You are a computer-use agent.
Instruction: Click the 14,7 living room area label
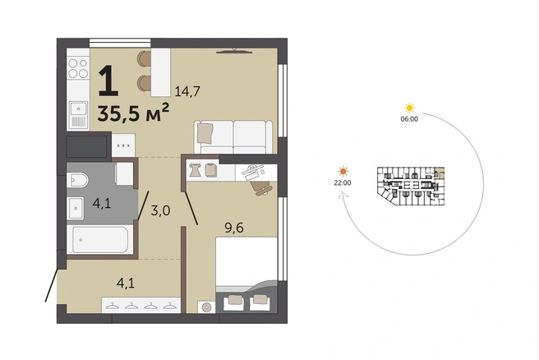coord(187,91)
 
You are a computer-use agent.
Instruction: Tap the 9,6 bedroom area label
coord(234,228)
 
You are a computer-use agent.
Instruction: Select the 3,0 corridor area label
coord(160,210)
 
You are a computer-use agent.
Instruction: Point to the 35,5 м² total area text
coord(133,113)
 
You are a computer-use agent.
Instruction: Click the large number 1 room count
coord(108,81)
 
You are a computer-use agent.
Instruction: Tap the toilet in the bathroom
coord(77,180)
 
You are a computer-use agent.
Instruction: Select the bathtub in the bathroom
coord(99,240)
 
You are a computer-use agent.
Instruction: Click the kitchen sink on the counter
coord(78,115)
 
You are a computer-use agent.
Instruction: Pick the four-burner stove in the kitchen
coord(78,68)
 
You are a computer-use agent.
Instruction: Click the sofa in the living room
coord(233,136)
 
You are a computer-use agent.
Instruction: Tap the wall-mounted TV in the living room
coord(234,52)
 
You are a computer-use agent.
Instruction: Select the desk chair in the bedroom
coord(261,187)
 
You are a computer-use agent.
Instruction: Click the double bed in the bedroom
coord(246,275)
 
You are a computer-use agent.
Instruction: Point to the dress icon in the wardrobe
coord(195,170)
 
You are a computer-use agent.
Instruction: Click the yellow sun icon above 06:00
coord(409,108)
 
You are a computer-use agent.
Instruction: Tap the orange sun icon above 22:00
coord(343,171)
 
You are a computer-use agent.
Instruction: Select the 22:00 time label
coord(343,183)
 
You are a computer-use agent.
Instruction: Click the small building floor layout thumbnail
coord(411,186)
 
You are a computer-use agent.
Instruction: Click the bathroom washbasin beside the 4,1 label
coord(76,208)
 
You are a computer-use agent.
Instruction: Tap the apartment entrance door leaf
coord(52,285)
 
